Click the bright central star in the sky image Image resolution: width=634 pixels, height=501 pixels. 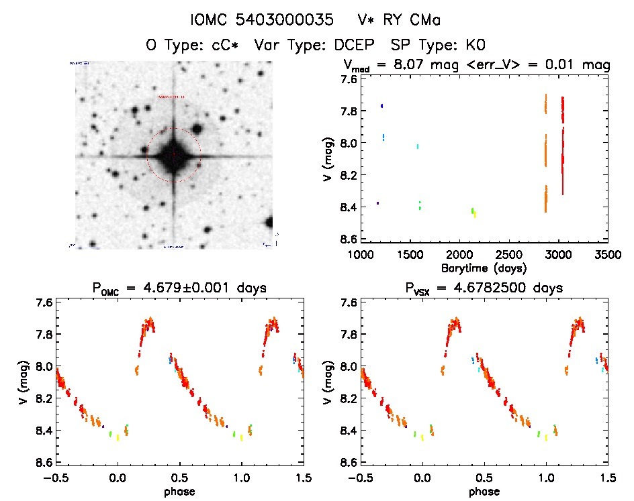tap(173, 155)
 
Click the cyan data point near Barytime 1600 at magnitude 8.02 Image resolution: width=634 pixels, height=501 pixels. tap(418, 146)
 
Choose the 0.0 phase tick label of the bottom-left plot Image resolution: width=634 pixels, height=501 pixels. tap(118, 478)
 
